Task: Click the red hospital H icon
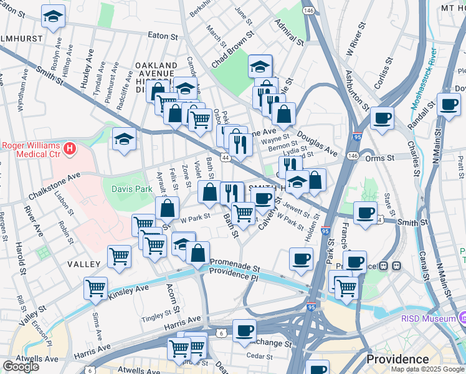[x=70, y=150]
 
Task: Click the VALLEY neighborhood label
[x=84, y=264]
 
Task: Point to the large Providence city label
[x=397, y=360]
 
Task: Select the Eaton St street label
[x=164, y=36]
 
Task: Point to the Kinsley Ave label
[x=129, y=290]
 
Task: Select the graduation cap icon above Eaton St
[x=54, y=17]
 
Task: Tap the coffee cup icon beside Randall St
[x=448, y=103]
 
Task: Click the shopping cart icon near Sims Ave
[x=96, y=288]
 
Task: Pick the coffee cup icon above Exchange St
[x=244, y=330]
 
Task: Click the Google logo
[x=21, y=367]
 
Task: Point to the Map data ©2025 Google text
[x=427, y=369]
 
